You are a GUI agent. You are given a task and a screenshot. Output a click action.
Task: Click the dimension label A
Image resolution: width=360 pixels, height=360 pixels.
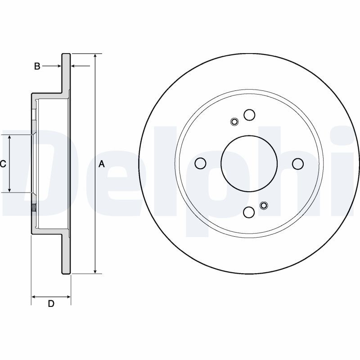102,164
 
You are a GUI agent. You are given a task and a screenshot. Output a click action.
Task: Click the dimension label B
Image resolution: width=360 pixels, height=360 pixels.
37,66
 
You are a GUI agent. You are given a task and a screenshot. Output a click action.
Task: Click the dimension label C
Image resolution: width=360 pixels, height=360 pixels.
3,164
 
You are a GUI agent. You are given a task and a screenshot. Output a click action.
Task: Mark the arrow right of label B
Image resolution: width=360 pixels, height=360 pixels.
52,66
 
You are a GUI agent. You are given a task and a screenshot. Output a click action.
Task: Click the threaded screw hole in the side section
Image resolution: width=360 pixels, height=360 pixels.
34,208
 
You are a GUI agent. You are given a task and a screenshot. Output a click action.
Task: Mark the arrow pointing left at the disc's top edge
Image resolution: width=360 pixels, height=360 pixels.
81,66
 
